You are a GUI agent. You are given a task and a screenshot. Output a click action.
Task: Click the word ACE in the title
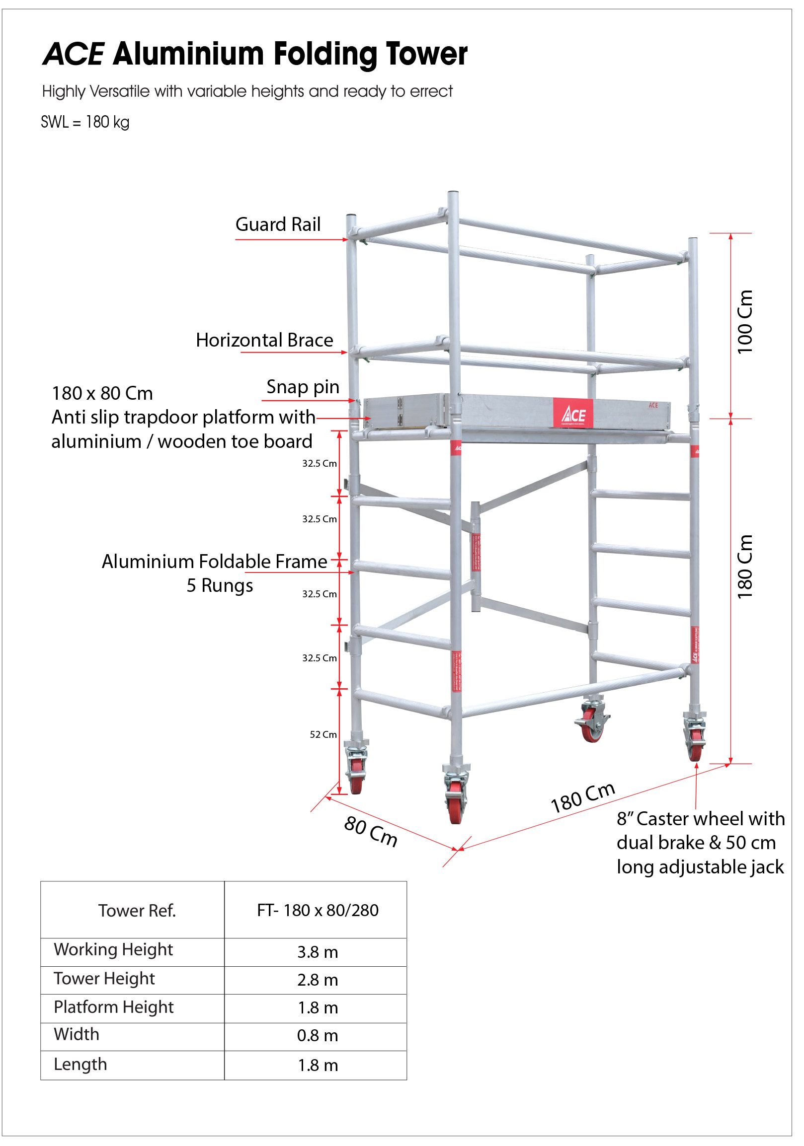[73, 54]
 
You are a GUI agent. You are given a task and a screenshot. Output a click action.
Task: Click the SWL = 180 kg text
[85, 122]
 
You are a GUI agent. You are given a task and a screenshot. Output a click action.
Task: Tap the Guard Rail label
[278, 224]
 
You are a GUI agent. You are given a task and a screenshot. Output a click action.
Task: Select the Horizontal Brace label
[264, 341]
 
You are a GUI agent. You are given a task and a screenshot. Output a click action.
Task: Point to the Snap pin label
[303, 387]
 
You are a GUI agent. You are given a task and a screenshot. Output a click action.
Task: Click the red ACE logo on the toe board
[573, 414]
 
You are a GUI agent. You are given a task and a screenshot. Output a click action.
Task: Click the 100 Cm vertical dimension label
[744, 322]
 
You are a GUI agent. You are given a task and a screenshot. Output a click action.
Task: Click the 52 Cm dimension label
[323, 735]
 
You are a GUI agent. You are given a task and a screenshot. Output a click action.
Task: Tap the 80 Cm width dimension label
[371, 832]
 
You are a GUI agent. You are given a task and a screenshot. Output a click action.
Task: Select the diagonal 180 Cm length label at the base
[582, 797]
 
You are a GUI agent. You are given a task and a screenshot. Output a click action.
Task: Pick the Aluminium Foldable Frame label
[214, 562]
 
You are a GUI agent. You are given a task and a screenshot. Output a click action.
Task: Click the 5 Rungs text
[220, 586]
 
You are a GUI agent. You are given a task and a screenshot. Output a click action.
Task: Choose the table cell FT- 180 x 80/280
[318, 911]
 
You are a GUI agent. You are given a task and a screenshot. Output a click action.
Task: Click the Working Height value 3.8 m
[318, 952]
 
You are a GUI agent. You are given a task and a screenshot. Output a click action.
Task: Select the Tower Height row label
[104, 979]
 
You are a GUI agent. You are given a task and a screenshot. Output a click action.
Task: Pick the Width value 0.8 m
[318, 1036]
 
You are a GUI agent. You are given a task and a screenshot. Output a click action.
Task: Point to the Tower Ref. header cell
[137, 911]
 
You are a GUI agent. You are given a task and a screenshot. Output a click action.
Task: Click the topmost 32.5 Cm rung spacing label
[319, 464]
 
